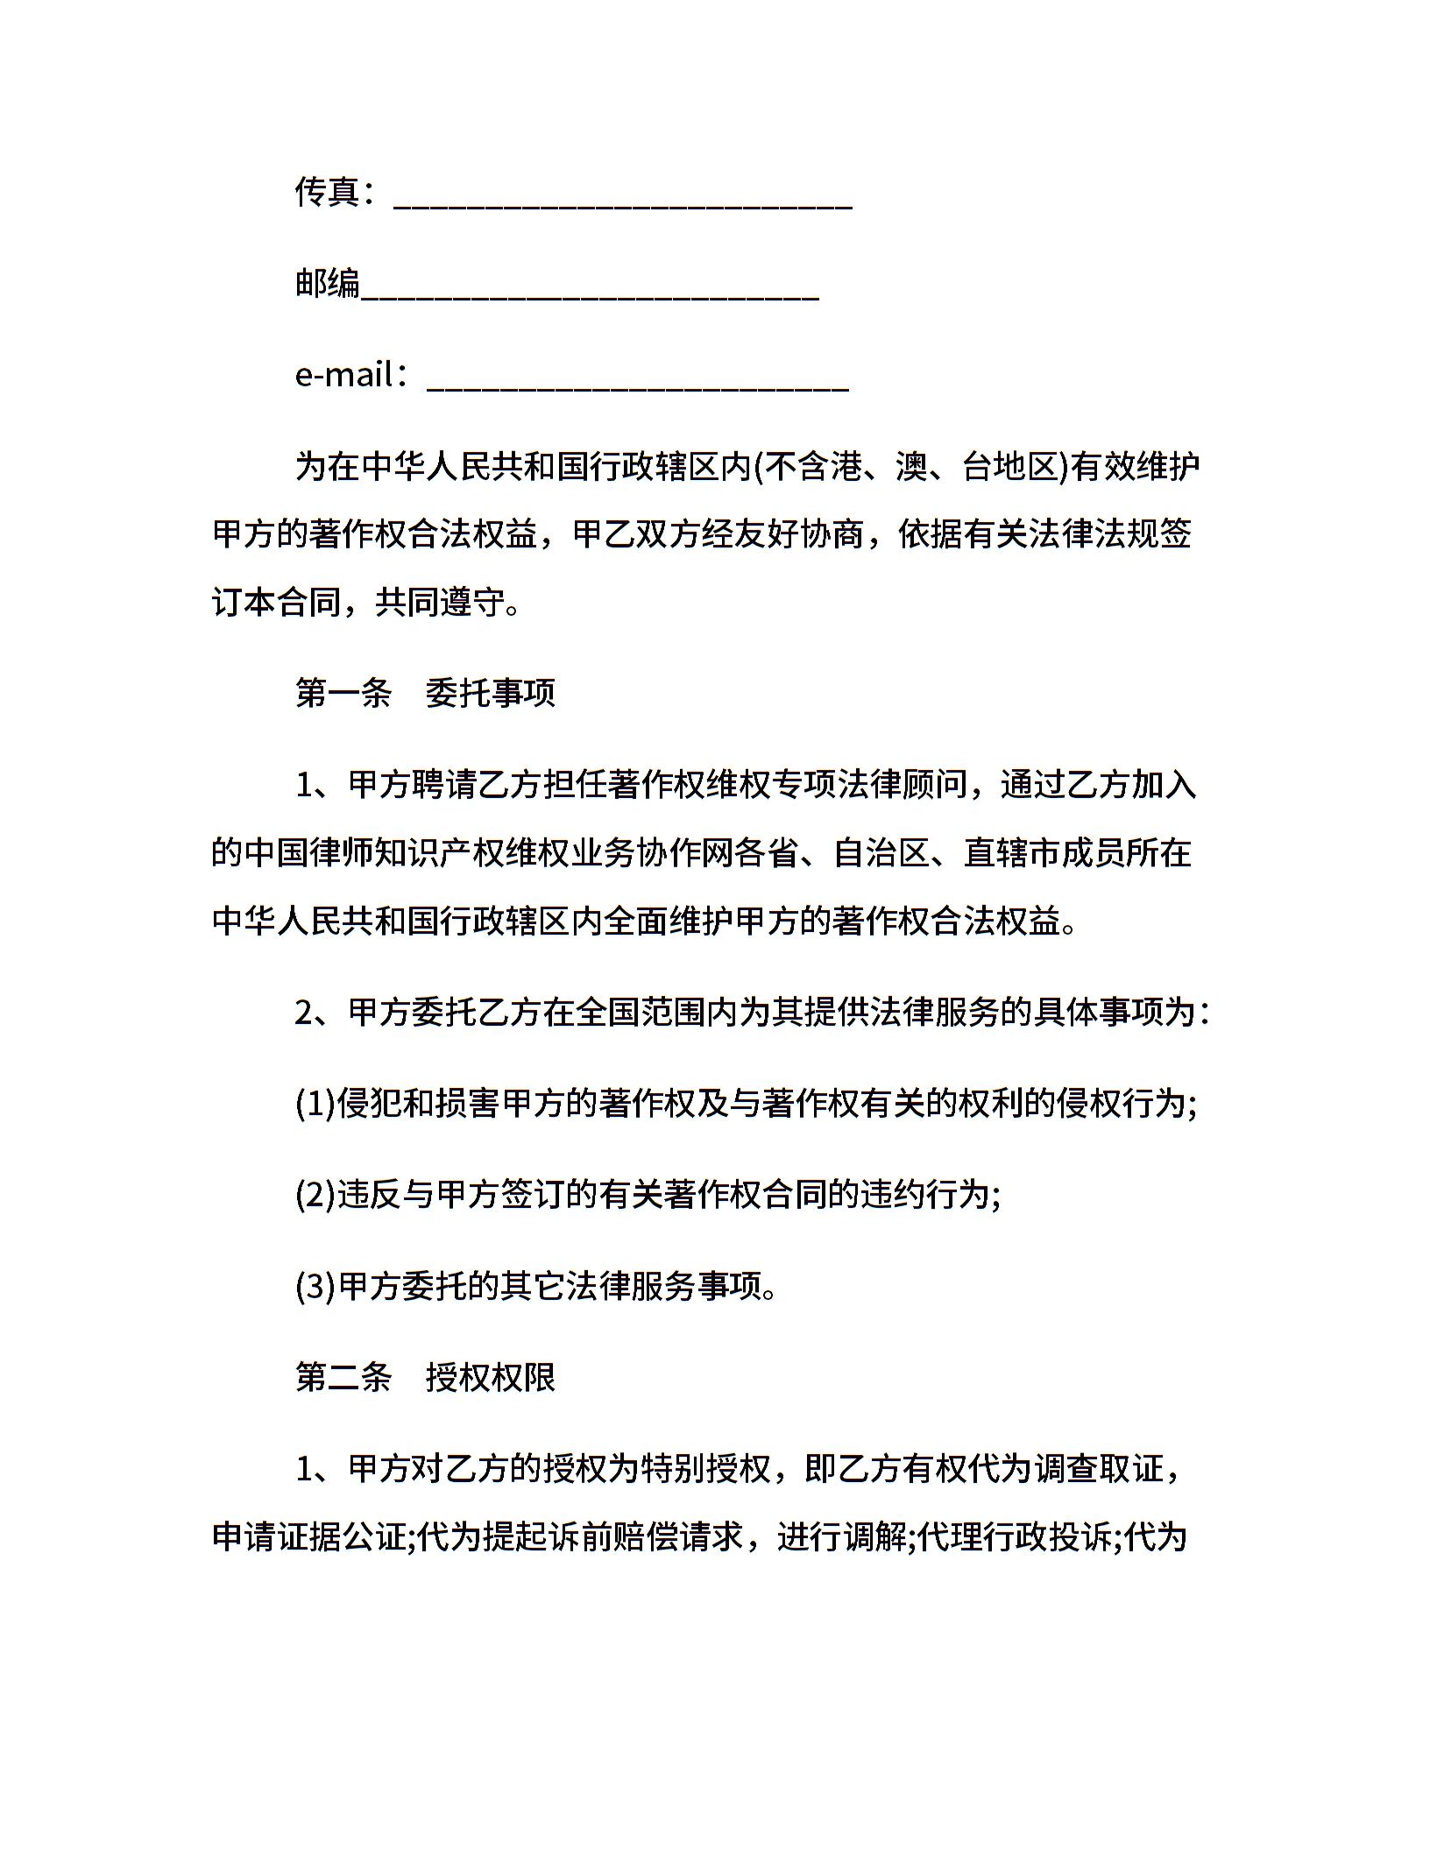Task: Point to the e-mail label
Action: coord(343,375)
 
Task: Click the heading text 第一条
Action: coord(343,693)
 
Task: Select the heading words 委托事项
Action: coord(491,693)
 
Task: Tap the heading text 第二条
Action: coord(343,1378)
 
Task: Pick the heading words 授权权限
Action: coord(491,1378)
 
